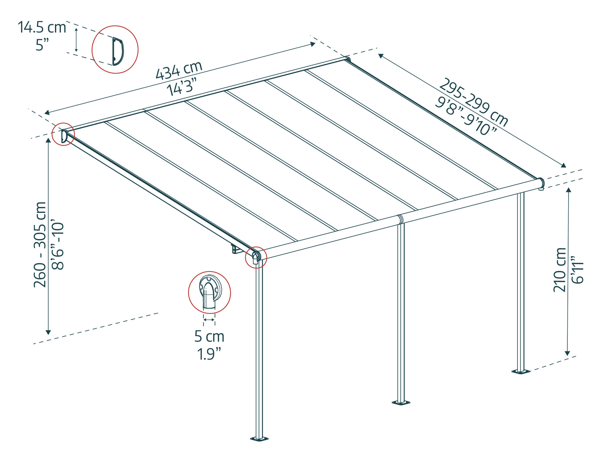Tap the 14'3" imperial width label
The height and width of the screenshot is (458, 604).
pyautogui.click(x=182, y=86)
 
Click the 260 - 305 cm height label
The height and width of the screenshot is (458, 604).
pyautogui.click(x=40, y=245)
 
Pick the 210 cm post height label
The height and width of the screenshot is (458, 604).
pyautogui.click(x=559, y=270)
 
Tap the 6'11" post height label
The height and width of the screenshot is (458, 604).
pyautogui.click(x=577, y=270)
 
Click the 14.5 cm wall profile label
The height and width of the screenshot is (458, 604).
pyautogui.click(x=42, y=27)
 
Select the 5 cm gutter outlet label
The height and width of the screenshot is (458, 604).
pyautogui.click(x=209, y=336)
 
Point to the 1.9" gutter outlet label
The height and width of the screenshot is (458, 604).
pyautogui.click(x=209, y=354)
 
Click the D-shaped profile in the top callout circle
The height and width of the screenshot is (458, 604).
pyautogui.click(x=118, y=52)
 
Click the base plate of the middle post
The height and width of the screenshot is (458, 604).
pyautogui.click(x=401, y=403)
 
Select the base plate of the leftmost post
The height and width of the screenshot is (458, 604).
pyautogui.click(x=259, y=439)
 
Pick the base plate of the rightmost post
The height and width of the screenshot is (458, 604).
pyautogui.click(x=521, y=372)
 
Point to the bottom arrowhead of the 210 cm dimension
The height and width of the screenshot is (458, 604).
pyautogui.click(x=567, y=353)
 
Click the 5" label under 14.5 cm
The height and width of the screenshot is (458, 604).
pyautogui.click(x=42, y=45)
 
